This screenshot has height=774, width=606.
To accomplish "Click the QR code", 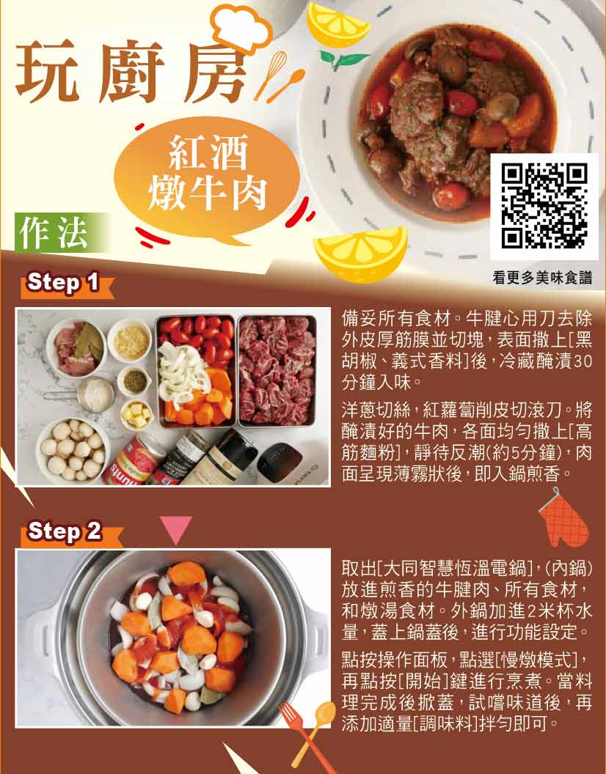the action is [x=544, y=207].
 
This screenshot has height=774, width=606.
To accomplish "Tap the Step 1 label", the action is [x=63, y=283].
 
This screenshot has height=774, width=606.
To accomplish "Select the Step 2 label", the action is [x=65, y=531].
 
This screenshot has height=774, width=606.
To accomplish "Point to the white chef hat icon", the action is [x=241, y=27].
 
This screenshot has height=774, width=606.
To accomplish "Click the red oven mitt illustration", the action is [x=564, y=519].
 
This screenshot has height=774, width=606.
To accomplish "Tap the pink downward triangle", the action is [x=176, y=530].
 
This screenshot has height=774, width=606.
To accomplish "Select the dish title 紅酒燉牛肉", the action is [x=208, y=172].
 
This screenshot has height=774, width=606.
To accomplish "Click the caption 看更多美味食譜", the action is [x=542, y=278].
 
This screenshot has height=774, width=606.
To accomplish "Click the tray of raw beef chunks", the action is [x=277, y=371].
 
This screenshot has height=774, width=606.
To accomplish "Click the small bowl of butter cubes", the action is [x=137, y=415].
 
